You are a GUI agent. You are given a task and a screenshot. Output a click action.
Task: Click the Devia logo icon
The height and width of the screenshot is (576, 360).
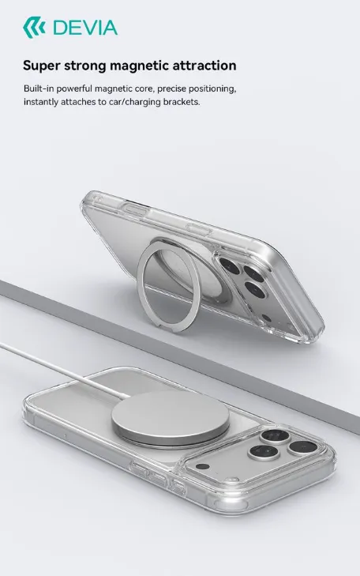34,28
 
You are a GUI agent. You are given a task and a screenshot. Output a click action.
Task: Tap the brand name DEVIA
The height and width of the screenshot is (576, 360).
85,28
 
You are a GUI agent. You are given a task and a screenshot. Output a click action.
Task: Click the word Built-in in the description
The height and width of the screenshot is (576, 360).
39,88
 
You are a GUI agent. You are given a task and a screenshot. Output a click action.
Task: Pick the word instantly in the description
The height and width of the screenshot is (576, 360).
41,102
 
